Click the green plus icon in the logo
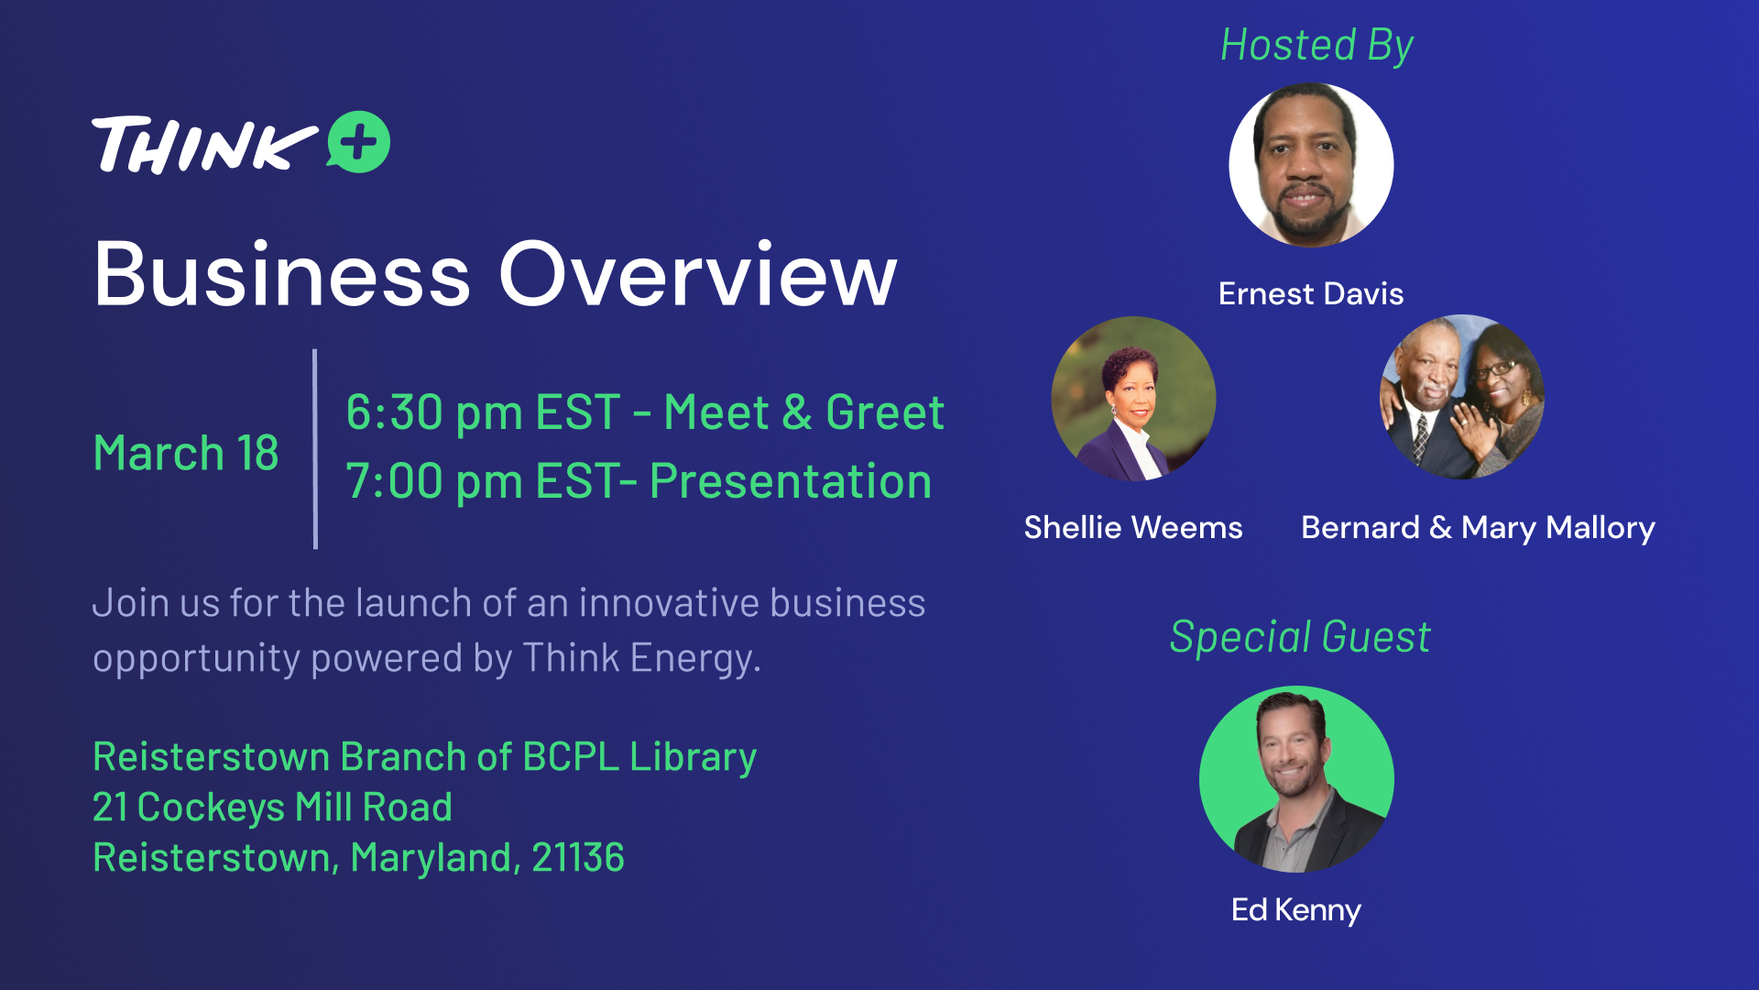click(359, 142)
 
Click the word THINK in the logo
click(204, 145)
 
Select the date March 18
click(186, 453)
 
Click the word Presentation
click(791, 481)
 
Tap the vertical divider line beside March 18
click(315, 449)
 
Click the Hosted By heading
click(1317, 46)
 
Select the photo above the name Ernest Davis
click(1311, 165)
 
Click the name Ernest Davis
click(1311, 293)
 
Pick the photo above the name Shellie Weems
click(1133, 399)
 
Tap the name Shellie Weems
click(1133, 527)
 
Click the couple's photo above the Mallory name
click(1462, 397)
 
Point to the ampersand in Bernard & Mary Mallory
click(1440, 528)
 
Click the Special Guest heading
click(1300, 637)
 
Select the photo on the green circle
click(1296, 779)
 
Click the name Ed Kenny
click(1296, 909)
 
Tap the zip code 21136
click(578, 858)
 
